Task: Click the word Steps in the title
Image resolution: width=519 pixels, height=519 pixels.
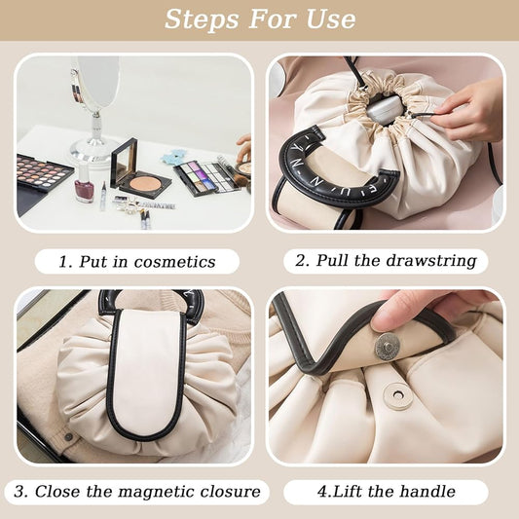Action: coord(202,19)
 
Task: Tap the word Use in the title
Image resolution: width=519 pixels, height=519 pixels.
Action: coord(331,19)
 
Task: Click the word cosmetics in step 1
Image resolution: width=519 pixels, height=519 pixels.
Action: coord(174,262)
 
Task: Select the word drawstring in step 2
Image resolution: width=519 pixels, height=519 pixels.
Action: coord(431,261)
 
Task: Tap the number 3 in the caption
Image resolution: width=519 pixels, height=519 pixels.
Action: coord(19,491)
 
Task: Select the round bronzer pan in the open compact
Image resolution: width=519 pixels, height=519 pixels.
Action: coord(144,183)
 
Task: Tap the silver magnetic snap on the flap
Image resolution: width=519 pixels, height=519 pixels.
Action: coord(387,348)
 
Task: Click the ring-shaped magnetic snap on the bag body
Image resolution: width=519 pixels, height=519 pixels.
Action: coord(398,395)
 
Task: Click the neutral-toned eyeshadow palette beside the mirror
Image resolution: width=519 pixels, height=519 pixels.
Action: coord(42,171)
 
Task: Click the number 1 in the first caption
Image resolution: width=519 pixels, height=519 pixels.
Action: coord(64,262)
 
